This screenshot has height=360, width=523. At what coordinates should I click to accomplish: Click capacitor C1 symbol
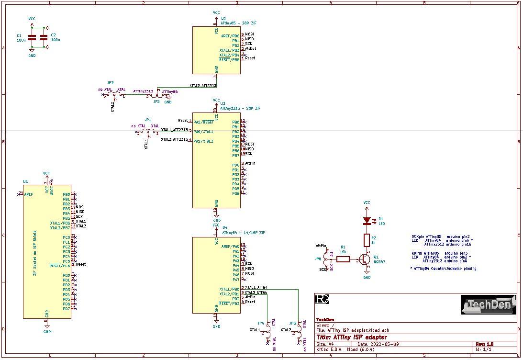coord(32,37)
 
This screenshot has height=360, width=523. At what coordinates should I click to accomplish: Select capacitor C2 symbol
coord(44,37)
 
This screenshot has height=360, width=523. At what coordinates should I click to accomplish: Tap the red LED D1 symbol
coord(367,221)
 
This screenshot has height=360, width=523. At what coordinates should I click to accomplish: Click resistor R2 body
coord(367,240)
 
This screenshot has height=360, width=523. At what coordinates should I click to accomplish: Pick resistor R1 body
coord(343,259)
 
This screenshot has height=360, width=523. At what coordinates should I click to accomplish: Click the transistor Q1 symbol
coord(365,259)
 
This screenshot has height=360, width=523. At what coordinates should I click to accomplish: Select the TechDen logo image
coord(488,305)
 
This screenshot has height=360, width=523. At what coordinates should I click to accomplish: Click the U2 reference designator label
coord(223,18)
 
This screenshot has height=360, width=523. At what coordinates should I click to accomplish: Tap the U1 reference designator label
coord(25,182)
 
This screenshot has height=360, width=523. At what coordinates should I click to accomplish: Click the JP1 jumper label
coord(148,120)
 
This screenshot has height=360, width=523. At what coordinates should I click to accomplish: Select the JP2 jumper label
coord(111,83)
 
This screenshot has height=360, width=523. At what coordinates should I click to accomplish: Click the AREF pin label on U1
coord(29,194)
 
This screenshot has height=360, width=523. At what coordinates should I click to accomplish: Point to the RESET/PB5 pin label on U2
coord(229,60)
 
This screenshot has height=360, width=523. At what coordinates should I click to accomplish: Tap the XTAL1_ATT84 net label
coord(256,287)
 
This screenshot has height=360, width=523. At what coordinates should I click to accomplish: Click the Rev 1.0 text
coord(484,344)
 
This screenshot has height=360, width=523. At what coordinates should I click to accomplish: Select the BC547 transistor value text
coord(379,262)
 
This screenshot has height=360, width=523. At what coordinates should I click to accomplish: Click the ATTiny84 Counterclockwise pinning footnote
coord(443,269)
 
